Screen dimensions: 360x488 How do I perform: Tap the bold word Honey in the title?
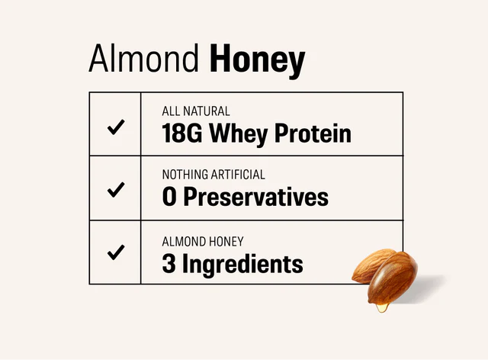pos(257,61)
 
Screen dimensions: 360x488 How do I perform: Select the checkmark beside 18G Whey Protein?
pos(115,127)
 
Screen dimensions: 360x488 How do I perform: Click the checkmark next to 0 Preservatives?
pos(115,189)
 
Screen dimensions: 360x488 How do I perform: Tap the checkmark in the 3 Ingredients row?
pos(115,252)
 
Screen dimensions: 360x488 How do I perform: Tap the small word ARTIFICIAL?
pos(239,175)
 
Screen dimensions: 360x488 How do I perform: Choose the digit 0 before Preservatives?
pos(169,198)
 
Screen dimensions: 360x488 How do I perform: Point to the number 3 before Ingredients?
pos(169,264)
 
